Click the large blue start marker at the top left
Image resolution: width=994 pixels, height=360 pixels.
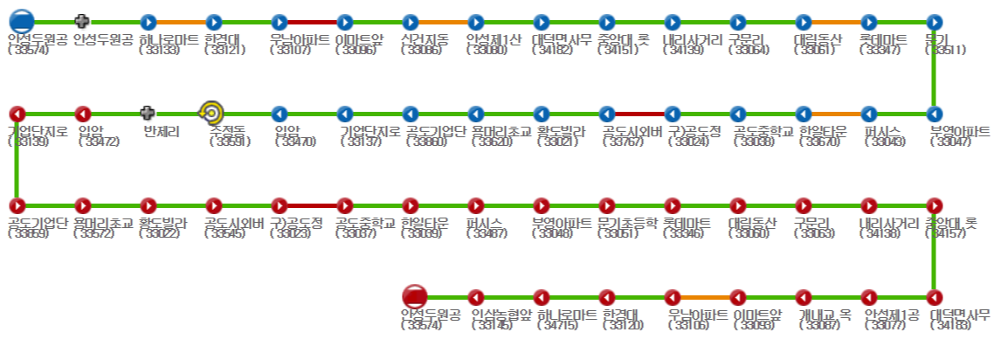[22, 21]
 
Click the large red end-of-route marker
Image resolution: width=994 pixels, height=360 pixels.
[413, 296]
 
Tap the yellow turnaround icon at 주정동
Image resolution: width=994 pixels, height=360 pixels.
[211, 113]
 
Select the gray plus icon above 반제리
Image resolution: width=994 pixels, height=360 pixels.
[148, 113]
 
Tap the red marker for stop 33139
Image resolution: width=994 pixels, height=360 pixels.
[17, 114]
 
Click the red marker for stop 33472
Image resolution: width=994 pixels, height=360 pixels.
[83, 114]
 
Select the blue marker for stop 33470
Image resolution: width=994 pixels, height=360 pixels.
[280, 114]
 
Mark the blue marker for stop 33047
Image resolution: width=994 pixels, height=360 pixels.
[935, 114]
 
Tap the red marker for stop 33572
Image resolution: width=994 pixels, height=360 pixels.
[83, 205]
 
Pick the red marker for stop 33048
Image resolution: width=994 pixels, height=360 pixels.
[542, 205]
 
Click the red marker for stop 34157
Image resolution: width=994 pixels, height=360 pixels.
[935, 205]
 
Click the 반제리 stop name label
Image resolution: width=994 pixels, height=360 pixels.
[162, 132]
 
